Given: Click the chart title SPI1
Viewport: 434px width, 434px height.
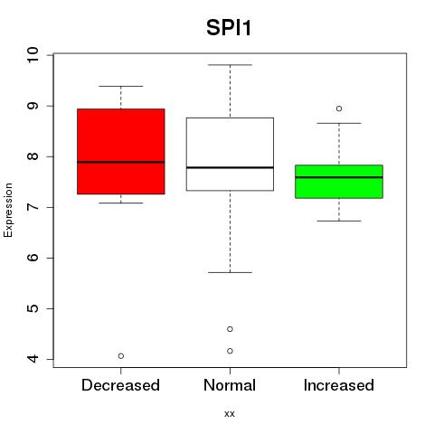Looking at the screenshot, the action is [229, 28].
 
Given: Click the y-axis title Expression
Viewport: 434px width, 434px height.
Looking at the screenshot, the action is [8, 210].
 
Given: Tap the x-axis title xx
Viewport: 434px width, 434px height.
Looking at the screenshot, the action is [230, 414].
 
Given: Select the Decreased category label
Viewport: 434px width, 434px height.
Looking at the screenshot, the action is [120, 385].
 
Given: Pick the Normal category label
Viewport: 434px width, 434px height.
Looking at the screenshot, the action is [230, 385].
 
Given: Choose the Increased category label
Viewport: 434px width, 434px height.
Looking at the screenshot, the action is [339, 385].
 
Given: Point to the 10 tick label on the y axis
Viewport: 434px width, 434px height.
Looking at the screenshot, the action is [33, 55].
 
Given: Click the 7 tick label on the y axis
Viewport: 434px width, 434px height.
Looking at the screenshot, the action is [33, 207].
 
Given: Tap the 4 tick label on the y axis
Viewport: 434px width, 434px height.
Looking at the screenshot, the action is [33, 359].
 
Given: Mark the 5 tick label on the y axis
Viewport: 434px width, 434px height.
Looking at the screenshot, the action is [33, 308].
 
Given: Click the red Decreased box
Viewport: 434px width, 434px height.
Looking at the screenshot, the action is [121, 151].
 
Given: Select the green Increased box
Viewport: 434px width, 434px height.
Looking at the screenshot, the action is [339, 182].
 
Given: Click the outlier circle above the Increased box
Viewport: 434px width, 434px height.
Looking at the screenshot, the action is [339, 108].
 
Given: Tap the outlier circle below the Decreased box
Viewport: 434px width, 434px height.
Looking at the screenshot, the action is [121, 356].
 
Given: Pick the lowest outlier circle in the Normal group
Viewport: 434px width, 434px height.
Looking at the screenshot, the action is [230, 351].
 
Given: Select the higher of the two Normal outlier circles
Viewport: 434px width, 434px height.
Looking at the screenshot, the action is [230, 329].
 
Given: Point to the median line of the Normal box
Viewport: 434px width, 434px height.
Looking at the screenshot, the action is [230, 167].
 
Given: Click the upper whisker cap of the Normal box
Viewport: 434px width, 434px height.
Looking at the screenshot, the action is [230, 65].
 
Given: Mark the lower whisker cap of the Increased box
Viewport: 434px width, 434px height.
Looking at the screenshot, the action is [339, 221].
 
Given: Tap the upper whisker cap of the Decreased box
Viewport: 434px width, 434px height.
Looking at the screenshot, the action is [121, 86].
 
